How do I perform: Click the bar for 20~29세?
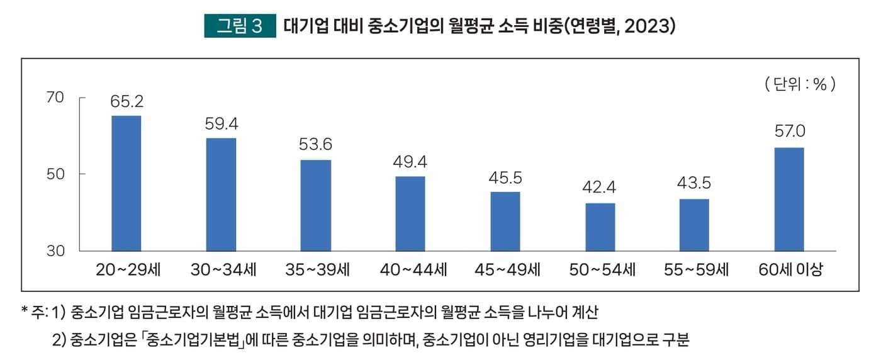pos(126,183)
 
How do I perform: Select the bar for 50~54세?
pos(600,227)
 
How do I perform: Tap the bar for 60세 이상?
pos(789,200)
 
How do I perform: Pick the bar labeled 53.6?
pos(316,205)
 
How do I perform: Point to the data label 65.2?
pos(126,102)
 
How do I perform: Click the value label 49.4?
pos(410,162)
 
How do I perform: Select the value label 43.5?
pos(694,184)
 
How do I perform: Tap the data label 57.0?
pos(789,132)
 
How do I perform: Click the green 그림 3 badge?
pos(240,26)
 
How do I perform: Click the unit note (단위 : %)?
pos(800,84)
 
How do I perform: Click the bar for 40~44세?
pos(410,213)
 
